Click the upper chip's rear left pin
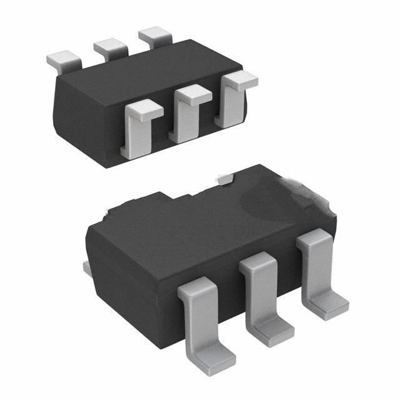point(64,60)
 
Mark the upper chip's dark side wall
point(87,119)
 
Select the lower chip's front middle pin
point(262,294)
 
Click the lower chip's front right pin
point(319,266)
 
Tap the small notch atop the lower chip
point(226,179)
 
